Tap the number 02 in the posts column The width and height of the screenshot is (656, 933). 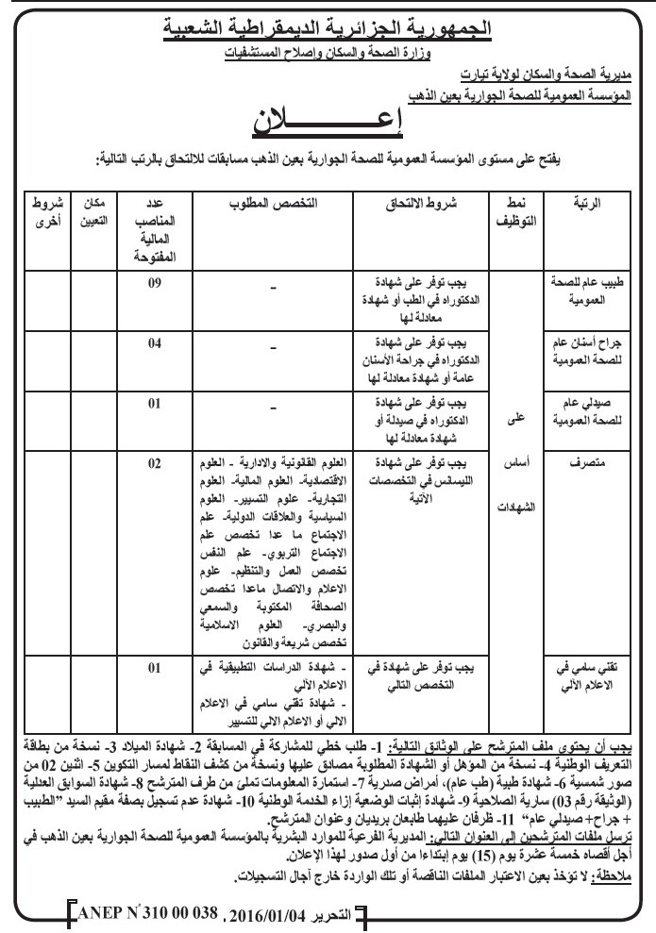coord(157,464)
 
